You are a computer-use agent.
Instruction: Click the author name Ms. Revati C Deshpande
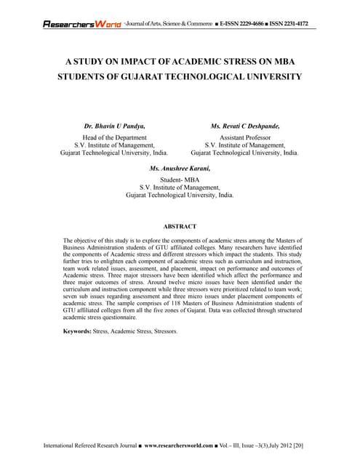point(244,126)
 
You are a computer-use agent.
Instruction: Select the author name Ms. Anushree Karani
point(180,169)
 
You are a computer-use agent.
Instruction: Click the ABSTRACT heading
point(180,226)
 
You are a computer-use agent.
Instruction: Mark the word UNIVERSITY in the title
point(269,76)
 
